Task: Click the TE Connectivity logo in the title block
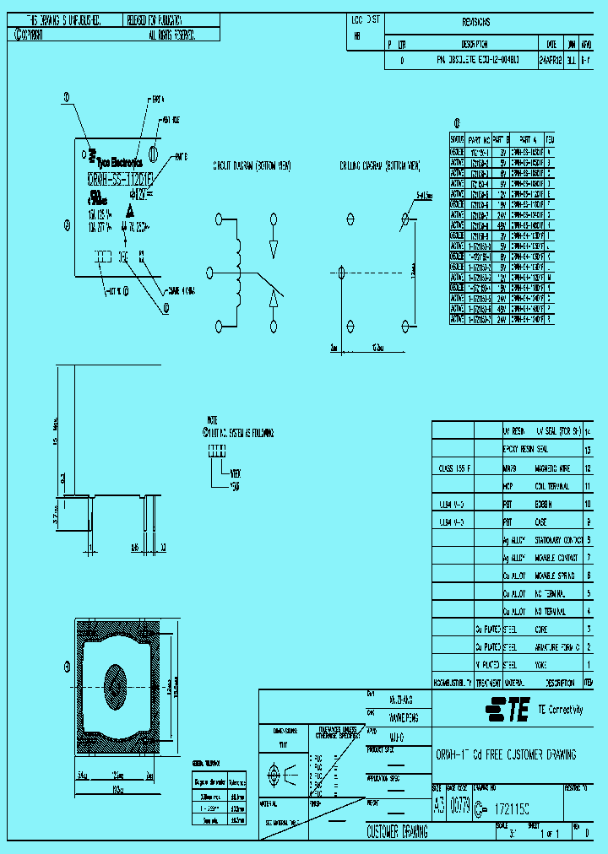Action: pyautogui.click(x=507, y=710)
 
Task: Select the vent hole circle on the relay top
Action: pyautogui.click(x=154, y=153)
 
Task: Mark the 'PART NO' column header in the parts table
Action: pyautogui.click(x=479, y=138)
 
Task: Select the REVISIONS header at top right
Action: pyautogui.click(x=475, y=23)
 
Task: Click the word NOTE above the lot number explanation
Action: pyautogui.click(x=212, y=419)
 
